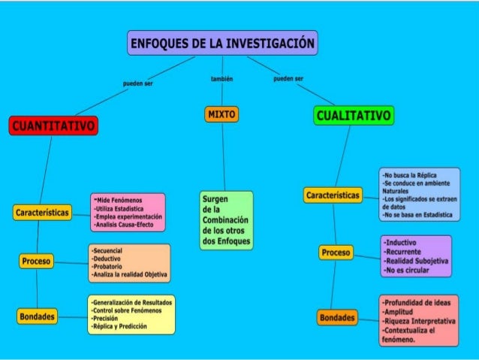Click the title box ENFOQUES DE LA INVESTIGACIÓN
tap(222, 43)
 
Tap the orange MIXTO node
tap(221, 114)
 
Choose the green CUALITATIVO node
tap(353, 116)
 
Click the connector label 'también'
tap(222, 78)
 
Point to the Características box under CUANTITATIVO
tap(42, 213)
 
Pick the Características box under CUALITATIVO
tap(333, 195)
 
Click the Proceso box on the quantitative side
tap(36, 262)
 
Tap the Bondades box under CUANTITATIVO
tap(37, 316)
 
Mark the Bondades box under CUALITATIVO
tap(337, 318)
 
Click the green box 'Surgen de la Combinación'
tap(226, 219)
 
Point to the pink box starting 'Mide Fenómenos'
tap(128, 212)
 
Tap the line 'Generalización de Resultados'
tap(131, 301)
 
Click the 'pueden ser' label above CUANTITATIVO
tap(137, 83)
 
